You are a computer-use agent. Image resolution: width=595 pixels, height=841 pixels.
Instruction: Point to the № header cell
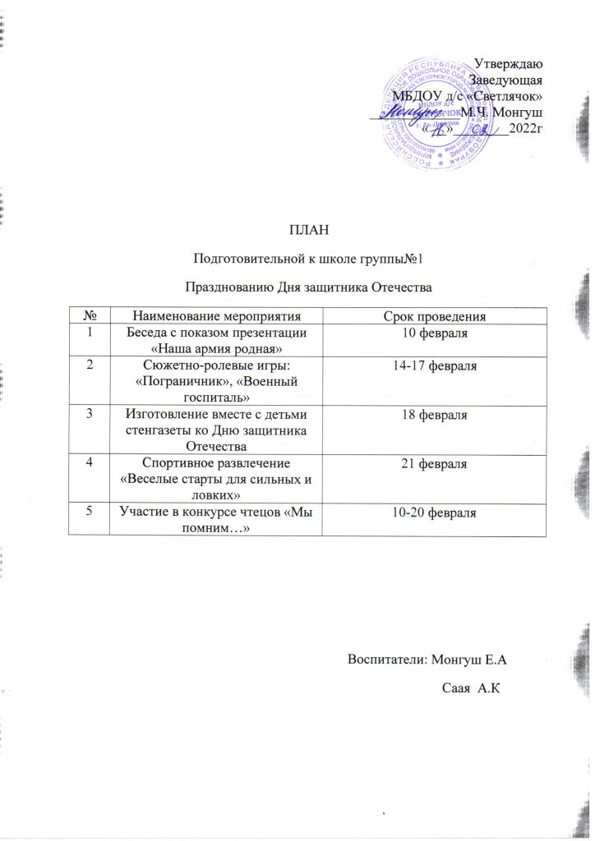click(87, 316)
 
